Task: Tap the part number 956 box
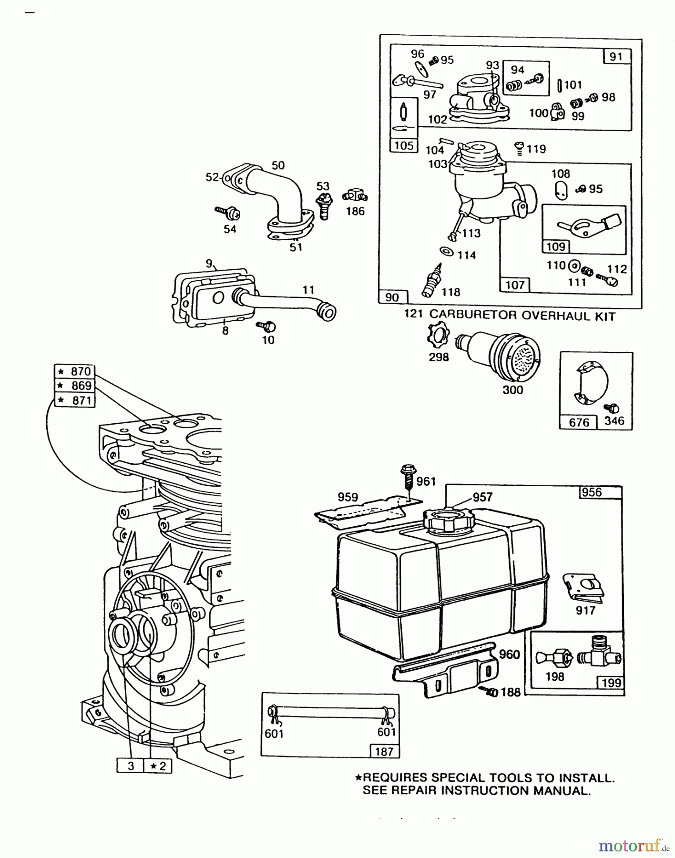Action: [x=592, y=492]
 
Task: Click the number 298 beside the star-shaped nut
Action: [x=439, y=357]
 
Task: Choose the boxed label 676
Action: [x=579, y=422]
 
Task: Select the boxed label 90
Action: [x=392, y=297]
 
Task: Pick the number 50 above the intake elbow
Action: [x=278, y=165]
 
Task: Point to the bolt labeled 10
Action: [x=267, y=326]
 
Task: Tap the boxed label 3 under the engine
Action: [x=130, y=766]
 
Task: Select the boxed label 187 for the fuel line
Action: [x=384, y=752]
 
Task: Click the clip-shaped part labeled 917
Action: [x=583, y=587]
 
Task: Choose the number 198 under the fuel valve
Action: [x=554, y=677]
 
